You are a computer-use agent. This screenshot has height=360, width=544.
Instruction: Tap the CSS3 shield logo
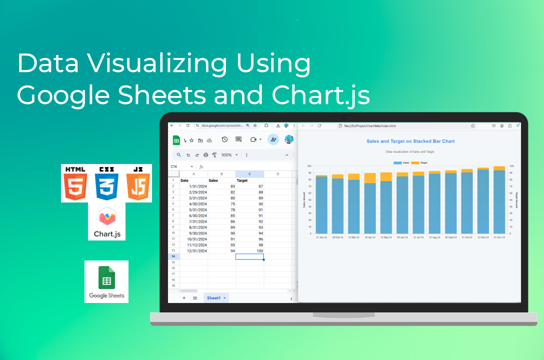pos(106,183)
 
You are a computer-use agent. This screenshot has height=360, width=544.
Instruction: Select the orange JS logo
pos(138,183)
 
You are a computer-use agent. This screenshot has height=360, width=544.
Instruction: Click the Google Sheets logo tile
pos(106,281)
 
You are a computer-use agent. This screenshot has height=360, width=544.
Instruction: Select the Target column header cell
pos(242,180)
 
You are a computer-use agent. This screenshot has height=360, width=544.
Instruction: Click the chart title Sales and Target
pos(410,141)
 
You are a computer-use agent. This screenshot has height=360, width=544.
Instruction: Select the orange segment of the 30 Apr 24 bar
pos(370,178)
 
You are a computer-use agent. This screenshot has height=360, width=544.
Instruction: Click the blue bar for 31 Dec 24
pos(499,202)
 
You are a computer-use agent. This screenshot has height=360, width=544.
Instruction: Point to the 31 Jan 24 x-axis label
pos(321,237)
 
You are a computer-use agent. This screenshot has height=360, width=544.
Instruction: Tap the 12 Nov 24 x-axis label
pos(483,237)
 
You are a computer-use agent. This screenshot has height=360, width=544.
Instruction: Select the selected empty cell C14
pos(249,256)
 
